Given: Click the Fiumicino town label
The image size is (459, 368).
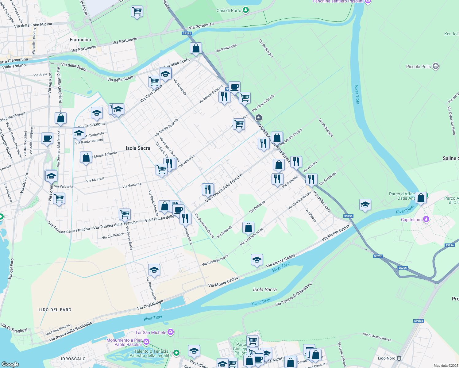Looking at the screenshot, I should click(80, 40).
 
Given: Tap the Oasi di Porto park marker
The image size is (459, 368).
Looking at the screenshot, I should click(245, 10).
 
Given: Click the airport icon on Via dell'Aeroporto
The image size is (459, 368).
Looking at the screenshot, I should click(259, 117).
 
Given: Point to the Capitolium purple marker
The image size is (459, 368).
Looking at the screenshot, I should click(426, 219).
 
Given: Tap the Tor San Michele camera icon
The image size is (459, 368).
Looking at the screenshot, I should click(171, 332).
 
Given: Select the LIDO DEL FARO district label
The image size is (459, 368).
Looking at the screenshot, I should click(55, 310).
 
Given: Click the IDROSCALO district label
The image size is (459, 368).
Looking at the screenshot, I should click(73, 359).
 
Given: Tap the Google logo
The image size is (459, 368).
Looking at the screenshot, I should click(10, 364).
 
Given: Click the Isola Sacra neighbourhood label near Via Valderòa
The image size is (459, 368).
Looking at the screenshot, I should click(138, 148).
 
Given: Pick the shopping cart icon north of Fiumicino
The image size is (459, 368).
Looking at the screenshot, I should click(137, 12).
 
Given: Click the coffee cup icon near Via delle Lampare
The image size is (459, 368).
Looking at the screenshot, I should click(47, 138).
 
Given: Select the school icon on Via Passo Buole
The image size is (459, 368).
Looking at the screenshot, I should click(154, 270).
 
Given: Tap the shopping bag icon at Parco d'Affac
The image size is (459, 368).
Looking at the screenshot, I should click(421, 198).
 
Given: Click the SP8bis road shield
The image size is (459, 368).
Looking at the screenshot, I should click(418, 321).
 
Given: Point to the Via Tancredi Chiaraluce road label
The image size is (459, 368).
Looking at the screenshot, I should click(294, 294).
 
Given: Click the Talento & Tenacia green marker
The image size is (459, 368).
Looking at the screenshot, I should click(176, 353).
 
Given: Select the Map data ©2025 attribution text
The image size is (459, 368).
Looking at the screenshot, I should click(446, 366).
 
